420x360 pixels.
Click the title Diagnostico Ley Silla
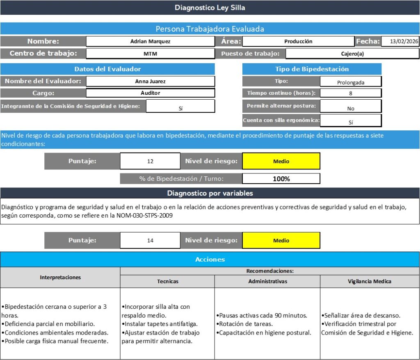point(210,7)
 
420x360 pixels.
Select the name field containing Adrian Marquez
point(150,41)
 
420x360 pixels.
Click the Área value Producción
point(298,41)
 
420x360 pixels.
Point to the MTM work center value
point(150,54)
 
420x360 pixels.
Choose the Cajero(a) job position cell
point(352,54)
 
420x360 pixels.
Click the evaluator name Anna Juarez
point(150,81)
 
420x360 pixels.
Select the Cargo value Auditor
point(150,93)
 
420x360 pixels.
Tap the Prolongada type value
point(351,82)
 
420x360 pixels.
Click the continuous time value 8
point(351,93)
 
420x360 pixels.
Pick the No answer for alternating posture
point(351,109)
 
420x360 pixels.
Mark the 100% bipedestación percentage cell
point(281,179)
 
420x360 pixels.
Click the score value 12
point(150,161)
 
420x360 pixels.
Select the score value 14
point(150,240)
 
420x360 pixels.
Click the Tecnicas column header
point(167,281)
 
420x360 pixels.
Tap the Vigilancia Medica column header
point(370,281)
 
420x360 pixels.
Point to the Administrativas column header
point(267,281)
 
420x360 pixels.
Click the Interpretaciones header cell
point(60,277)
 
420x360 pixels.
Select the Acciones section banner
point(210,259)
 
